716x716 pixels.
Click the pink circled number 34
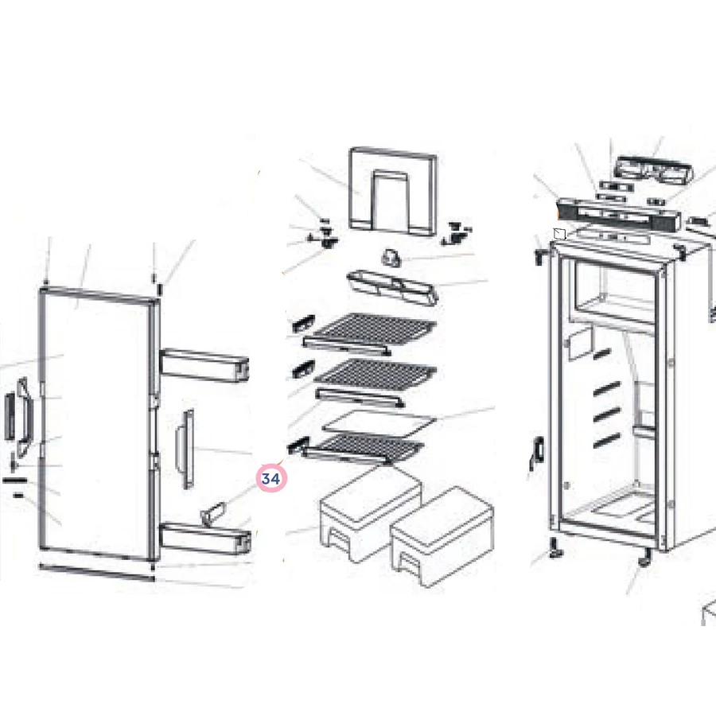[271, 478]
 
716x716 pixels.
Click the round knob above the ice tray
[391, 258]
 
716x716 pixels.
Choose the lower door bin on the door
[205, 539]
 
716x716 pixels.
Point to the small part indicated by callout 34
[213, 514]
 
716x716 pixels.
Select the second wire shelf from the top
[376, 375]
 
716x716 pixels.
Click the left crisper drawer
[370, 512]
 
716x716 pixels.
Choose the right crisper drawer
[442, 535]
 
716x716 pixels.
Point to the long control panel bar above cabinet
[619, 216]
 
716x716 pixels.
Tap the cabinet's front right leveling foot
[644, 558]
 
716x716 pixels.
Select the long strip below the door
[97, 573]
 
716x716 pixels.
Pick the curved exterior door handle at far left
[25, 418]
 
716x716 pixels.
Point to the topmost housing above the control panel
[654, 171]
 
